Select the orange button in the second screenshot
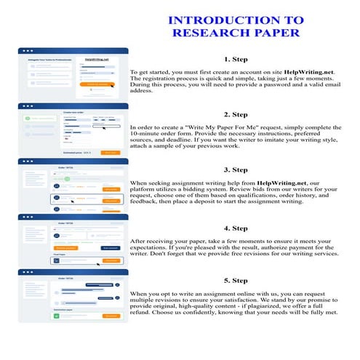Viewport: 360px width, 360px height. [x=110, y=153]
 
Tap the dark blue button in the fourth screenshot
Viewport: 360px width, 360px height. [x=109, y=247]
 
